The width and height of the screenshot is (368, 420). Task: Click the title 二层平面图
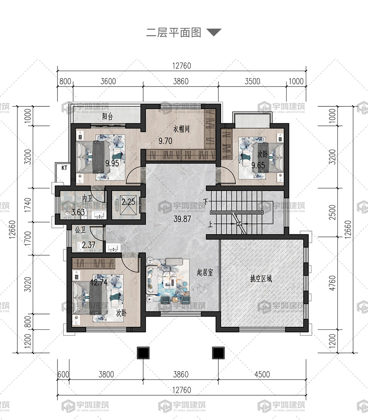pyautogui.click(x=173, y=33)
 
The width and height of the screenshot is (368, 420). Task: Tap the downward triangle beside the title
pyautogui.click(x=214, y=32)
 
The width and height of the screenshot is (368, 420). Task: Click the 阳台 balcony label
pyautogui.click(x=108, y=117)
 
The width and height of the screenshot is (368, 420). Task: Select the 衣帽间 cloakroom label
pyautogui.click(x=182, y=129)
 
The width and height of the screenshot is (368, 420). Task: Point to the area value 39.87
pyautogui.click(x=182, y=219)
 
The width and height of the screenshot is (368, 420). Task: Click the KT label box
pyautogui.click(x=64, y=168)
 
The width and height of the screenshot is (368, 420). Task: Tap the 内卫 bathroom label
pyautogui.click(x=87, y=199)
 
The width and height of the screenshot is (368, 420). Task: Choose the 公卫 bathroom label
pyautogui.click(x=80, y=230)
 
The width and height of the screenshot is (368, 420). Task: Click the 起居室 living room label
pyautogui.click(x=205, y=273)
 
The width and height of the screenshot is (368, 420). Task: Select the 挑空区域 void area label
pyautogui.click(x=261, y=279)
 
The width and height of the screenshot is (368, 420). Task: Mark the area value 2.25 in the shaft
pyautogui.click(x=129, y=202)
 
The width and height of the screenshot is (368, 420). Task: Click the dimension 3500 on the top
pyautogui.click(x=252, y=81)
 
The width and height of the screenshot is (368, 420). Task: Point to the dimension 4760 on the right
pyautogui.click(x=332, y=283)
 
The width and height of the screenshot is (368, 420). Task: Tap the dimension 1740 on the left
pyautogui.click(x=28, y=205)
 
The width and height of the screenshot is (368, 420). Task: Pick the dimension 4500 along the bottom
pyautogui.click(x=262, y=374)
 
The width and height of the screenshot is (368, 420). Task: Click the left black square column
pyautogui.click(x=143, y=353)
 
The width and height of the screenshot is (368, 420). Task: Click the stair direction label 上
pyautogui.click(x=210, y=224)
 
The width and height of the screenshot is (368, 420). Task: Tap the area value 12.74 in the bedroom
pyautogui.click(x=99, y=282)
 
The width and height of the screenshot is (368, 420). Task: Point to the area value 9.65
pyautogui.click(x=258, y=165)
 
